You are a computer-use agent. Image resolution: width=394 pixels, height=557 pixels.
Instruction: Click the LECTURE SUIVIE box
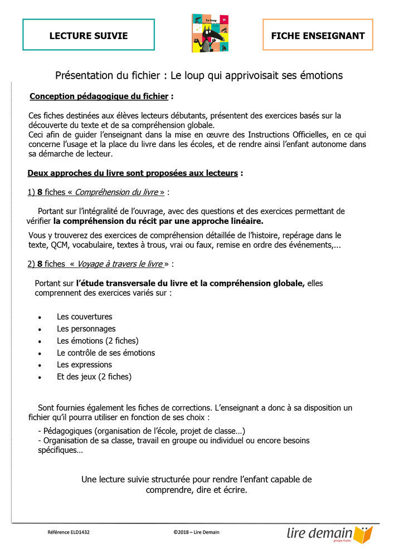[x=89, y=36]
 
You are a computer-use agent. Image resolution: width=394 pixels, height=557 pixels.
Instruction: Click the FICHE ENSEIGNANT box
[x=318, y=36]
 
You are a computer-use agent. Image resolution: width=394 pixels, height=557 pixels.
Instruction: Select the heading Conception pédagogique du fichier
[x=99, y=96]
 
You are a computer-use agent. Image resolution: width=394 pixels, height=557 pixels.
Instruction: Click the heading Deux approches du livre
[x=133, y=173]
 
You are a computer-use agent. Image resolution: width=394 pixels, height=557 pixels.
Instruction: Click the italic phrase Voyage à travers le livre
[x=120, y=263]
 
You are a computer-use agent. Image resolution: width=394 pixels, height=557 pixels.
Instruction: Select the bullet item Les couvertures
[x=84, y=316]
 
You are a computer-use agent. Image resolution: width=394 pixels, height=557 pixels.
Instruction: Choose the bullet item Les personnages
[x=86, y=329]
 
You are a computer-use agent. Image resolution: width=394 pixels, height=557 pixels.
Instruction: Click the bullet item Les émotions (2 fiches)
[x=98, y=341]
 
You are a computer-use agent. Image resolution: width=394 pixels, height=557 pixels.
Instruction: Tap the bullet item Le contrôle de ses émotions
[x=106, y=353]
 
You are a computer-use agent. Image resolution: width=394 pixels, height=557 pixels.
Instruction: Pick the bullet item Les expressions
[x=84, y=365]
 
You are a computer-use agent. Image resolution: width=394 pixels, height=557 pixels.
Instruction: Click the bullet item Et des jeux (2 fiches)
[x=94, y=377]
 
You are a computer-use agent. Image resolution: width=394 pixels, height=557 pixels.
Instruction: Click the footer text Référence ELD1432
[x=69, y=532]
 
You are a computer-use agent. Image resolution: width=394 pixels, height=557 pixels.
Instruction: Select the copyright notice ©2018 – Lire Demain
[x=196, y=532]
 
